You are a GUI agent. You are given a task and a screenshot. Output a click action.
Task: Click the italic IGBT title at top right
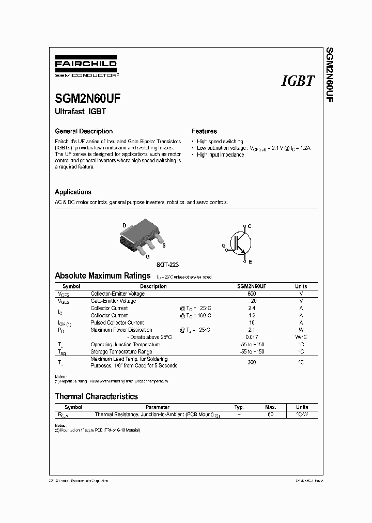click(x=297, y=81)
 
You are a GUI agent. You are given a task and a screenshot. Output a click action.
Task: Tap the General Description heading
click(x=84, y=131)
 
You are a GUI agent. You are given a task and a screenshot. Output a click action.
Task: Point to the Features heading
click(x=204, y=131)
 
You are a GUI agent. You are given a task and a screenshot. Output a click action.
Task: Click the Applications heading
click(x=73, y=192)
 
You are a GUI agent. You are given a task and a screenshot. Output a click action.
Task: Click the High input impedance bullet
click(x=220, y=155)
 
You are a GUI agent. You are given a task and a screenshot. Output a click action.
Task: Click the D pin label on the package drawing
click(x=124, y=225)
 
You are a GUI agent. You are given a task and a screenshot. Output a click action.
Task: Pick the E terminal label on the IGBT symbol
click(x=250, y=262)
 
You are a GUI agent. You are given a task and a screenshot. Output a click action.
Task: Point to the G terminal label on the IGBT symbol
click(x=224, y=245)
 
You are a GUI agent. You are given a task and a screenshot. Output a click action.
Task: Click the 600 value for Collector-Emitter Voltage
click(x=252, y=294)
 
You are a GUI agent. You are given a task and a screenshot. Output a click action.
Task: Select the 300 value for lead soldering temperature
click(x=252, y=362)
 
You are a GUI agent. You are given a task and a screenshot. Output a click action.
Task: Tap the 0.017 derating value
click(x=252, y=337)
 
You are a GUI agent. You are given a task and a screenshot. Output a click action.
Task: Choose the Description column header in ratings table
click(x=153, y=286)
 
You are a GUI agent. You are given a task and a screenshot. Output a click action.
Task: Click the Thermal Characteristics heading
click(x=97, y=396)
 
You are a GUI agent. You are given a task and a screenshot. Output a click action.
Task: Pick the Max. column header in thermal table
click(x=271, y=407)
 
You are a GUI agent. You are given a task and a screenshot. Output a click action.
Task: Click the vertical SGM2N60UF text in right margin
click(x=329, y=75)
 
